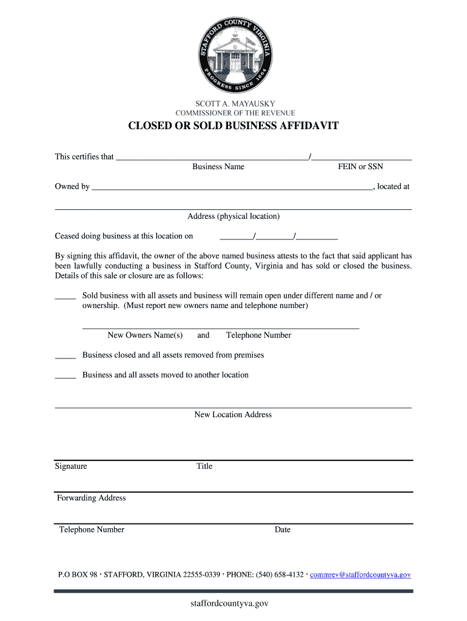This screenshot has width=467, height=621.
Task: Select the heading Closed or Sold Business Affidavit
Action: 233,126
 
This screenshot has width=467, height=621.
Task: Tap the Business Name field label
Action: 218,167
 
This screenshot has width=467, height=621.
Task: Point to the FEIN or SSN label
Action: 360,167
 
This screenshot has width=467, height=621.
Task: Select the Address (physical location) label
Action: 233,217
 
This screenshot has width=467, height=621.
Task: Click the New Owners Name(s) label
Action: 145,335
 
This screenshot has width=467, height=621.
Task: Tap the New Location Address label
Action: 233,415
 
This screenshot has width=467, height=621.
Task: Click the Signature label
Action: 71,466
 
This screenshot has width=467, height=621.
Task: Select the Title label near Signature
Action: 204,466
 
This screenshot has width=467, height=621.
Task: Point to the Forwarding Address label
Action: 92,498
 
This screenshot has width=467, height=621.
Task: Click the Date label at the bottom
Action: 283,530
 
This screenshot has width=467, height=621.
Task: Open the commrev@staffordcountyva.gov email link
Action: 360,575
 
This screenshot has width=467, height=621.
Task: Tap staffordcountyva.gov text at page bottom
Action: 229,603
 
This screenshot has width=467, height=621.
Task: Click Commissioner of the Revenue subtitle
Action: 235,113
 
